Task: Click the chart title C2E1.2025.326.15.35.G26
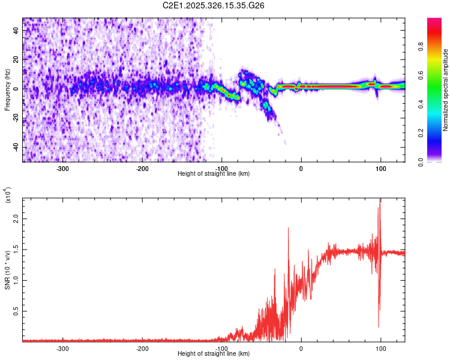[214, 5]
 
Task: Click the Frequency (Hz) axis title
[7, 89]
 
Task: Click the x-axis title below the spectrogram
[214, 174]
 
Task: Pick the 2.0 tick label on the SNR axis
[16, 220]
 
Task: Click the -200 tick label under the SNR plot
[142, 348]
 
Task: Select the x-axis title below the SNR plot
[214, 354]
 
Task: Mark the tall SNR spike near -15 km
[289, 229]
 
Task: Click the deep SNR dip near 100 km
[379, 326]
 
